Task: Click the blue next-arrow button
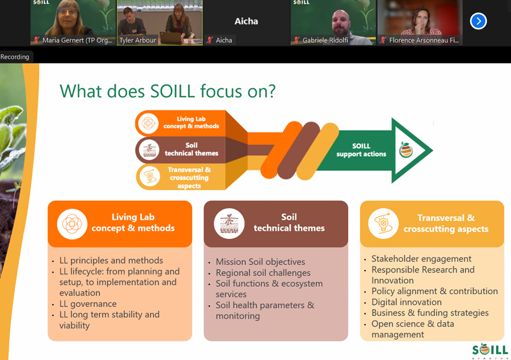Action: pyautogui.click(x=478, y=21)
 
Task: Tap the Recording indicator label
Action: pyautogui.click(x=14, y=57)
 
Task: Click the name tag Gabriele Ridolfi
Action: pyautogui.click(x=325, y=40)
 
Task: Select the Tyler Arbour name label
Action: pyautogui.click(x=137, y=40)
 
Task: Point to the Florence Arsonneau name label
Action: pyautogui.click(x=424, y=40)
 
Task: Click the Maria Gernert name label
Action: pyautogui.click(x=77, y=40)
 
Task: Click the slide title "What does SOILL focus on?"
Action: pyautogui.click(x=167, y=91)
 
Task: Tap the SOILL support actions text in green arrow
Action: pyautogui.click(x=361, y=150)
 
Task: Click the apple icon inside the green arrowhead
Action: pyautogui.click(x=406, y=150)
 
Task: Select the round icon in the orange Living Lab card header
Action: pyautogui.click(x=72, y=224)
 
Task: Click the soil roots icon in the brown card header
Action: pyautogui.click(x=229, y=224)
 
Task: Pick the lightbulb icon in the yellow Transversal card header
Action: pyautogui.click(x=383, y=224)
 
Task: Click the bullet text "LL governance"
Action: pyautogui.click(x=88, y=304)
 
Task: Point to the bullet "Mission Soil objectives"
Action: pyautogui.click(x=260, y=262)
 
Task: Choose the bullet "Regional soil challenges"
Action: pyautogui.click(x=263, y=273)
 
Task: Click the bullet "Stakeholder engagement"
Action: pyautogui.click(x=422, y=259)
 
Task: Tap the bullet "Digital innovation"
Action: pyautogui.click(x=407, y=302)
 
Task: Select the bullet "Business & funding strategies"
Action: pyautogui.click(x=430, y=313)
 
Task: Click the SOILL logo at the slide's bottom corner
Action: pyautogui.click(x=490, y=351)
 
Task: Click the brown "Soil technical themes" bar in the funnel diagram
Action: pyautogui.click(x=181, y=149)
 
